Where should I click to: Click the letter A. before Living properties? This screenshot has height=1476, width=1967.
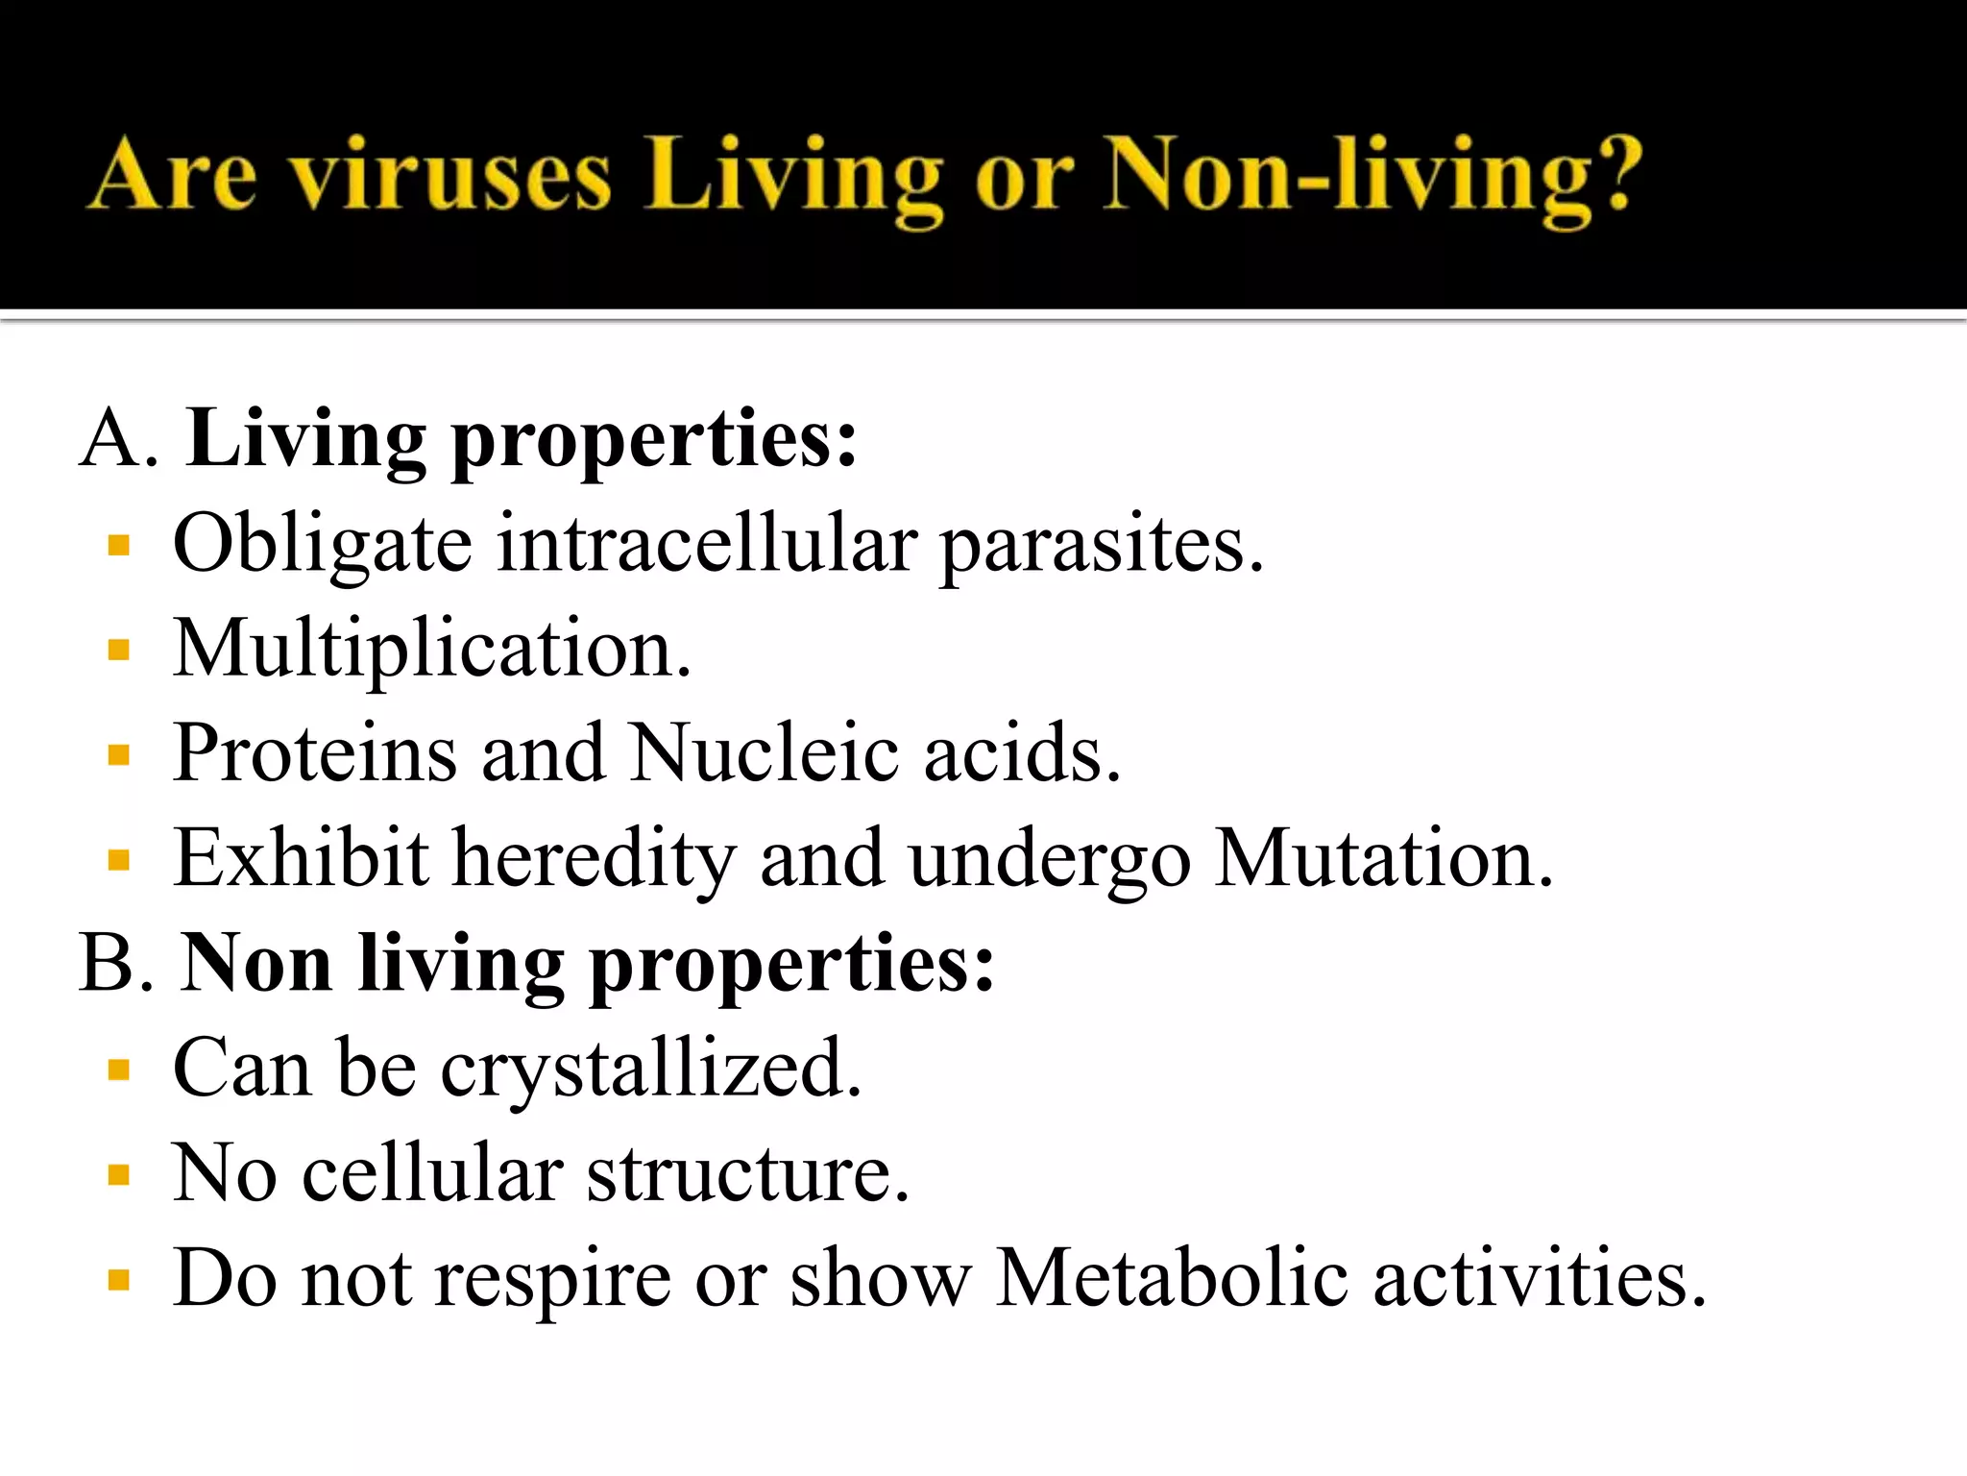tap(118, 438)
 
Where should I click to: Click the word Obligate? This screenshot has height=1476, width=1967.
tap(323, 546)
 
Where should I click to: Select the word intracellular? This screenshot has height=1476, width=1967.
tap(706, 544)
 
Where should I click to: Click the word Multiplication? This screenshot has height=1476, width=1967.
tap(431, 651)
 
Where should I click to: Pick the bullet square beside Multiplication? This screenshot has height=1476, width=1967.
tap(119, 652)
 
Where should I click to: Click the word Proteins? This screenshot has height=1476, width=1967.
tap(315, 753)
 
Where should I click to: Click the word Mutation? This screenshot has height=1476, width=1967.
tap(1382, 858)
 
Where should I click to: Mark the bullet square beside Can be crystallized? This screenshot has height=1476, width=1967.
tap(119, 1070)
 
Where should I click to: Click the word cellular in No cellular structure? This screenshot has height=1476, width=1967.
tap(432, 1173)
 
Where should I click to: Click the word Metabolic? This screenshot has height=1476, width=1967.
tap(1171, 1278)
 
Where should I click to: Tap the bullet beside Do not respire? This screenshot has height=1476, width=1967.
tap(119, 1280)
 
